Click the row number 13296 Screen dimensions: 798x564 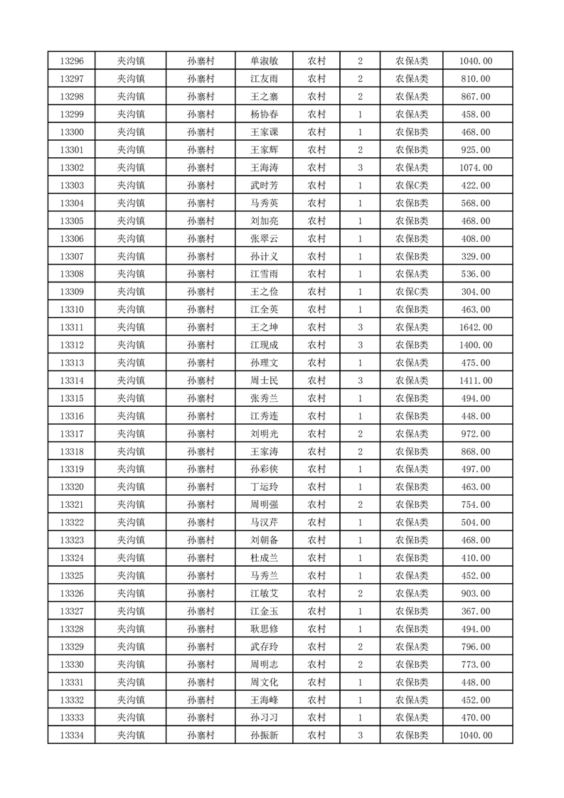(x=73, y=61)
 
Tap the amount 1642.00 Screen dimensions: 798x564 (x=476, y=327)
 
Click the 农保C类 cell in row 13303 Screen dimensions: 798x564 (x=412, y=186)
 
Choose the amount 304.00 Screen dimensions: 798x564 (x=476, y=292)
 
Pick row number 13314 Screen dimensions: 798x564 (x=73, y=381)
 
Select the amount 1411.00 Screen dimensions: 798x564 (x=476, y=381)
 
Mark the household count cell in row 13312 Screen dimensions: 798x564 (x=361, y=345)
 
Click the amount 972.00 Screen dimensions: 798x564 (x=476, y=434)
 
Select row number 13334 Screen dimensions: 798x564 (x=73, y=735)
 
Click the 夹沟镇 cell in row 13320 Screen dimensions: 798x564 (x=131, y=487)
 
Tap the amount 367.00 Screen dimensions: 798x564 (x=476, y=611)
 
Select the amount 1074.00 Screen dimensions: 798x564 (x=476, y=168)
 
